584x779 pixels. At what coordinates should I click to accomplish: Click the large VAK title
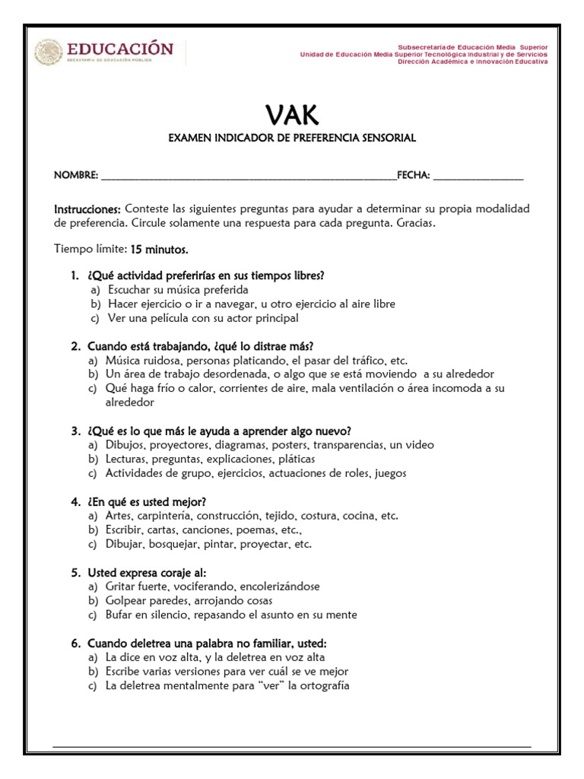coord(292,115)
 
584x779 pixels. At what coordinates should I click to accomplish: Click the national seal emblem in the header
coord(47,52)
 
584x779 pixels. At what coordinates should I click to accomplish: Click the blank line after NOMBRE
coord(248,176)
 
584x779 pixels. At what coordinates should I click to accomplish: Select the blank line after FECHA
coord(478,176)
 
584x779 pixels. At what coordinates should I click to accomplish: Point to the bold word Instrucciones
coord(87,208)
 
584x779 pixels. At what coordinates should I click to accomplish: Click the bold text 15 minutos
coord(159,249)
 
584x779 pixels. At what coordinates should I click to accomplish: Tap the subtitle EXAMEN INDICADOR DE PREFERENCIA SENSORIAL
coord(292,138)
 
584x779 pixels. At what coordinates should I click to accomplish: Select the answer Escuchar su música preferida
coord(178,290)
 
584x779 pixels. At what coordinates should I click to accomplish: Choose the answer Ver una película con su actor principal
coord(202,318)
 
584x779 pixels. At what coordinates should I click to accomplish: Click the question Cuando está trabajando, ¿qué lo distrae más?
coord(200,346)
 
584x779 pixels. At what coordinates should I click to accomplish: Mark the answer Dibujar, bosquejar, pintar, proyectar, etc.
coord(208,544)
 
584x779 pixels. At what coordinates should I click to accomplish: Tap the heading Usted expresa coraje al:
coord(147,572)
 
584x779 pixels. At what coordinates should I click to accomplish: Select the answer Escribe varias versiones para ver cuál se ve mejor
coord(227,671)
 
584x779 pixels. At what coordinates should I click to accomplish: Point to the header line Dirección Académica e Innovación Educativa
coord(472,62)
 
